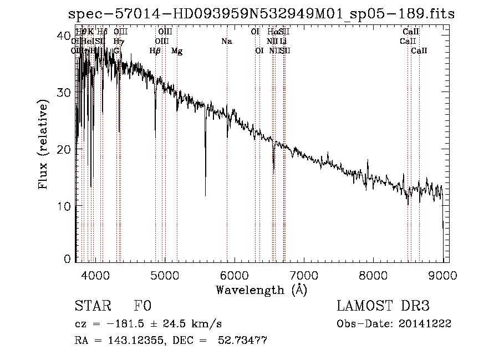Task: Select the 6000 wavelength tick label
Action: [x=234, y=275]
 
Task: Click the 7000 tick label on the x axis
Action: [x=304, y=275]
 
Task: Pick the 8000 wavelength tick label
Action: [x=373, y=275]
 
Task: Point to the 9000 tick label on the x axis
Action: [x=442, y=275]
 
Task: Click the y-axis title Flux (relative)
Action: [x=44, y=146]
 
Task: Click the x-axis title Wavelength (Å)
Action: [x=261, y=290]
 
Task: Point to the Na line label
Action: [x=226, y=41]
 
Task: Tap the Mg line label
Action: [x=177, y=51]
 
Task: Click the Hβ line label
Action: [x=155, y=51]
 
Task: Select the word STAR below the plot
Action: [x=91, y=306]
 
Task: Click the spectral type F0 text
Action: [x=142, y=306]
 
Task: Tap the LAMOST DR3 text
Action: [x=383, y=306]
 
